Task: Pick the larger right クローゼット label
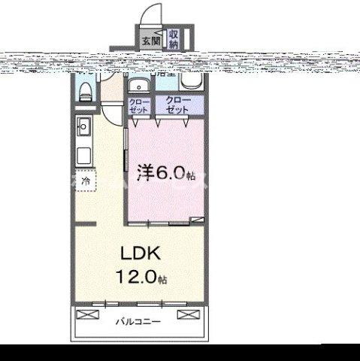178,105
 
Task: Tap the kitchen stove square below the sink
84,156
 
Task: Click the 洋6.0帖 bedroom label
166,174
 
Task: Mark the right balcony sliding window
173,303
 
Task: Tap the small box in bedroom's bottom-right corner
197,220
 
